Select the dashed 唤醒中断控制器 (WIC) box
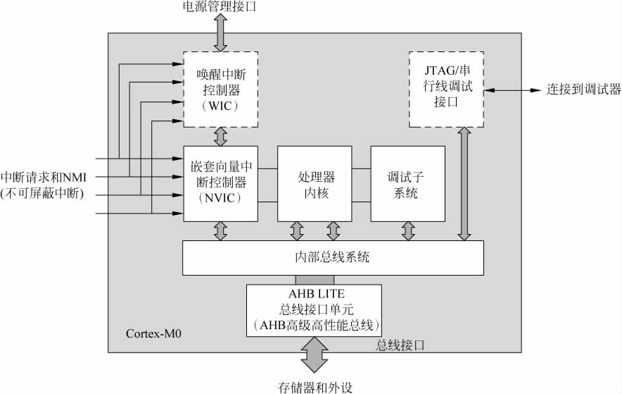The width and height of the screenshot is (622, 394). pos(220,90)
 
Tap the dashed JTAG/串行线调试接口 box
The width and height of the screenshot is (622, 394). pos(445,90)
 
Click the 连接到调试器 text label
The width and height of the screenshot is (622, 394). pos(585,90)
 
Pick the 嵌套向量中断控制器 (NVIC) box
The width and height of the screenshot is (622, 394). pos(220,183)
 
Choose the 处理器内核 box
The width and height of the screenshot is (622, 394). pos(314,183)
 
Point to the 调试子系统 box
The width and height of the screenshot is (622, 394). pos(407,183)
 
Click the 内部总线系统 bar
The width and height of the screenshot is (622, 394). pos(333,258)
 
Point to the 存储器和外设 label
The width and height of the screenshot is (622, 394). pos(315,387)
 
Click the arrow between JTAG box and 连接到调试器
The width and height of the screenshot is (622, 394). pos(512,90)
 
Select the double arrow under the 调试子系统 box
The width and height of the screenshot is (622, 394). pos(407,231)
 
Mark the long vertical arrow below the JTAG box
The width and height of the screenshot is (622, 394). pos(463,184)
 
